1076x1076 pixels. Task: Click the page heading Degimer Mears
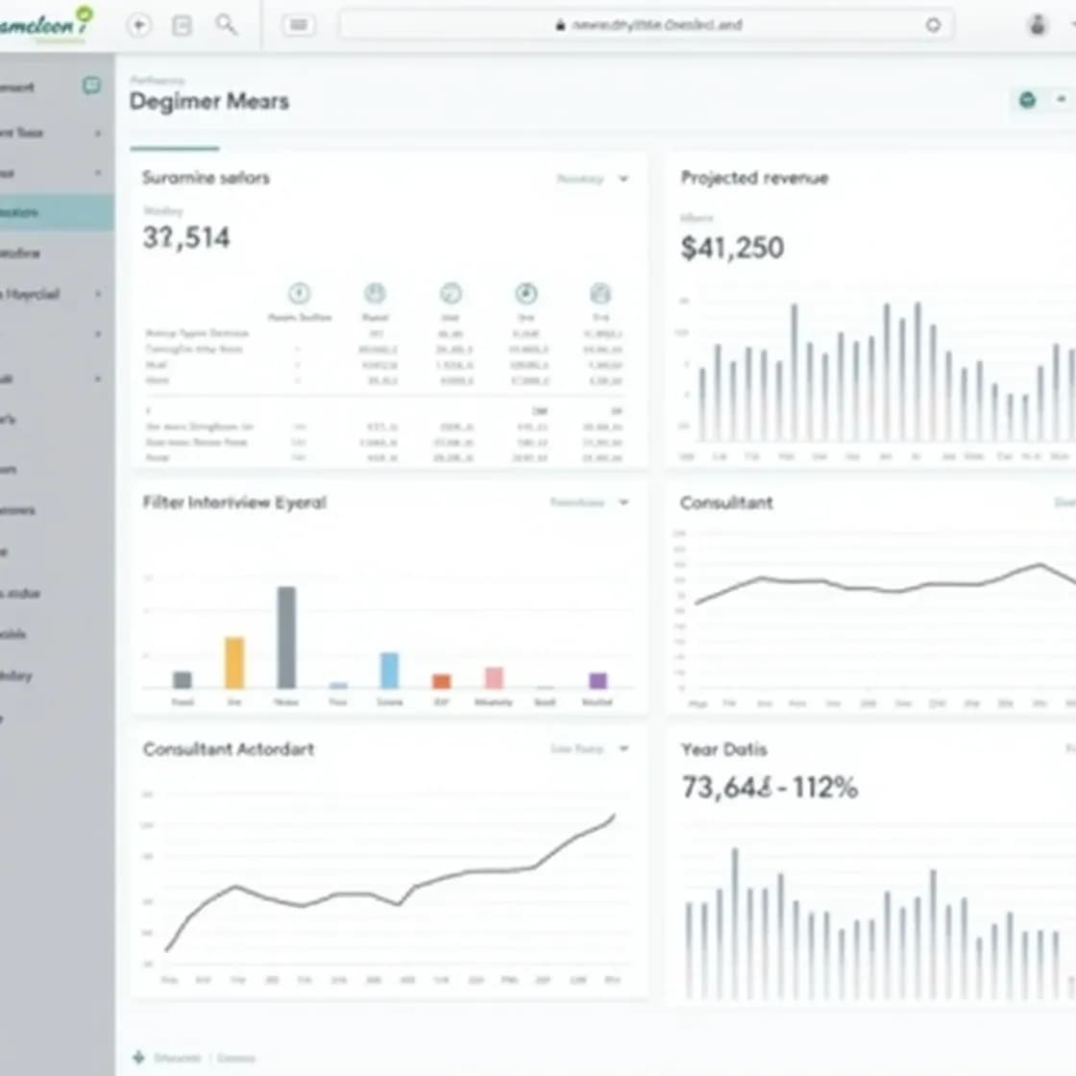click(208, 102)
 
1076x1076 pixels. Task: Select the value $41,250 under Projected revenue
click(732, 248)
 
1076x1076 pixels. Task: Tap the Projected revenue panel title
click(754, 178)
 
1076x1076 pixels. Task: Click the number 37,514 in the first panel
click(186, 237)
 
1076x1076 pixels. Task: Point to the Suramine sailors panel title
click(206, 178)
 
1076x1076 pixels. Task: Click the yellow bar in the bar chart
click(234, 662)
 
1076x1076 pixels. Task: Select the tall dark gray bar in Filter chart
click(286, 637)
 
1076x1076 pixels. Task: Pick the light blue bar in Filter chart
click(389, 670)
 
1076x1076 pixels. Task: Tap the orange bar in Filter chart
click(441, 681)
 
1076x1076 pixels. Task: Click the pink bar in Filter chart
click(494, 677)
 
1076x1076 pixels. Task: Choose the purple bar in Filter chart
click(598, 680)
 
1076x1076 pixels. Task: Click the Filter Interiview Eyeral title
click(234, 502)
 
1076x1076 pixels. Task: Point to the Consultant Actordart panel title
click(229, 749)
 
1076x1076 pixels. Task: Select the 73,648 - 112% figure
click(770, 788)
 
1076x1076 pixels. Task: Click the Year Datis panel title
click(724, 749)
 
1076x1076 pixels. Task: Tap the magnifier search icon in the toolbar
click(226, 24)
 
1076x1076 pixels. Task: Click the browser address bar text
click(657, 25)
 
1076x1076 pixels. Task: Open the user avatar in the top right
click(1037, 25)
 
